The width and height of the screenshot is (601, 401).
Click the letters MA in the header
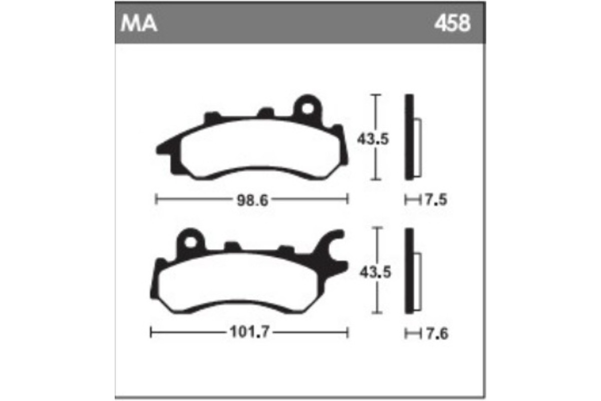(139, 24)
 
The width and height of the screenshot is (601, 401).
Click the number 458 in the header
(452, 24)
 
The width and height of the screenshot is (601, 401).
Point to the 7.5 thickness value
(435, 200)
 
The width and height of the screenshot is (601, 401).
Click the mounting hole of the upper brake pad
(307, 107)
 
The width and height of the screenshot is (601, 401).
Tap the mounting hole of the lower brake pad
(190, 242)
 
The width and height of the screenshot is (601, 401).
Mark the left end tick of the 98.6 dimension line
(157, 200)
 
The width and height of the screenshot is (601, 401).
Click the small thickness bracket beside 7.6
(412, 333)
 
